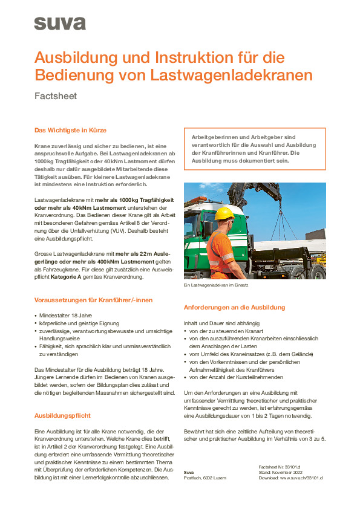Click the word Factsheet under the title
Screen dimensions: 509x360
56,96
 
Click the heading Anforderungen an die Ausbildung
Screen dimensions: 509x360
238,307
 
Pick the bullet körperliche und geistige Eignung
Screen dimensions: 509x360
79,324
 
